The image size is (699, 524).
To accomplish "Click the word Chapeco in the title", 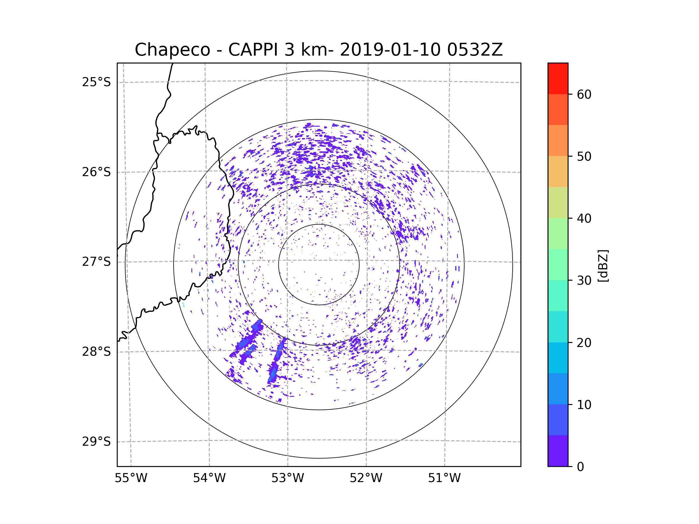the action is click(x=172, y=50).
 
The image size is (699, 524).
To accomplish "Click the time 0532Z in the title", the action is click(x=475, y=50).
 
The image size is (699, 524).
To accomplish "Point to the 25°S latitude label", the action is click(x=96, y=82).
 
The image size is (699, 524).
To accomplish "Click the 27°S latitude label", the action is click(x=96, y=262).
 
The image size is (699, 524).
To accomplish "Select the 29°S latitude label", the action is click(x=96, y=442).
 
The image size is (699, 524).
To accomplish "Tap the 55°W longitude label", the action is click(x=131, y=478).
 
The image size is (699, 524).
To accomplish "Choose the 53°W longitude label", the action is click(x=287, y=478).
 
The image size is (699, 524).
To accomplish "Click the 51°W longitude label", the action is click(x=444, y=478).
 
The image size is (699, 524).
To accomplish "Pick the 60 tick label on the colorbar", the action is click(x=584, y=94).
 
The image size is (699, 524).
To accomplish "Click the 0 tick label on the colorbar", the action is click(x=580, y=467).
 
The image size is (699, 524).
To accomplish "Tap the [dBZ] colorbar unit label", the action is click(x=603, y=265).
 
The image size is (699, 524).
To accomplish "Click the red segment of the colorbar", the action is click(x=558, y=78).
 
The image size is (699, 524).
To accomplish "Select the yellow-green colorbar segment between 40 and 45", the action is click(x=558, y=202).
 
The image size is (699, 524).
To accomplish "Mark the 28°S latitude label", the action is click(x=96, y=352).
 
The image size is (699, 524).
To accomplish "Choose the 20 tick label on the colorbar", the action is click(x=584, y=343).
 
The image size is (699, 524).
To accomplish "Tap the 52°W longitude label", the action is click(x=366, y=478).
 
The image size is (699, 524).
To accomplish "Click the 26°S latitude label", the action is click(x=96, y=172).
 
